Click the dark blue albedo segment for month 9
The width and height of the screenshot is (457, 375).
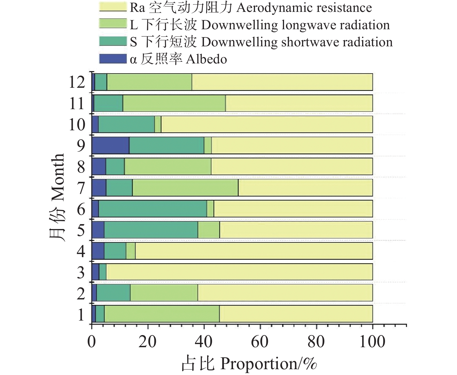click(x=110, y=145)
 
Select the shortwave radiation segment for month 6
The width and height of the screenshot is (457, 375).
click(x=153, y=208)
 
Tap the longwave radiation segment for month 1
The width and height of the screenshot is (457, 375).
click(x=162, y=314)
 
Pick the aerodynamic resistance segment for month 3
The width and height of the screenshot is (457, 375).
click(x=239, y=272)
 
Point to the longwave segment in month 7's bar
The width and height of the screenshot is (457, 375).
click(x=185, y=187)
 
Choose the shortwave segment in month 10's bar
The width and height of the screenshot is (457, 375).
click(x=126, y=124)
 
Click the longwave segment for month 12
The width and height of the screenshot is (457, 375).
click(x=149, y=82)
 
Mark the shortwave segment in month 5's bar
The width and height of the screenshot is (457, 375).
click(x=151, y=230)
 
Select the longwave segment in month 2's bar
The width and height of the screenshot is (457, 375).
click(x=164, y=293)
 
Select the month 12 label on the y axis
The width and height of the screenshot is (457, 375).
click(x=77, y=82)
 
